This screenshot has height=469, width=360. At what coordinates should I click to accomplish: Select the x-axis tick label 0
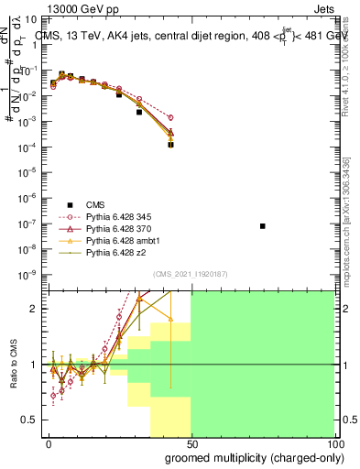tap(49, 443)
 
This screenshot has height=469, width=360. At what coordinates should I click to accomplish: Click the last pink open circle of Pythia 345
tap(171, 117)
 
